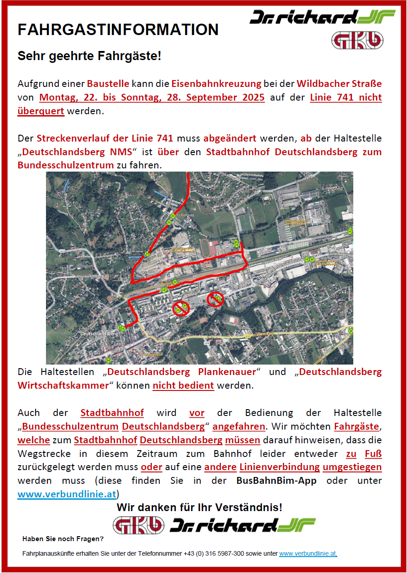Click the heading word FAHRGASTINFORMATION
[x=118, y=30]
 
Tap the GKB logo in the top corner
[x=357, y=40]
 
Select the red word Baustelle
[x=108, y=84]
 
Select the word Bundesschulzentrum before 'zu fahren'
[x=66, y=165]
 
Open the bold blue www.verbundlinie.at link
[x=67, y=494]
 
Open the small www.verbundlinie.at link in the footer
[x=308, y=553]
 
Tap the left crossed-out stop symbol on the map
[x=180, y=309]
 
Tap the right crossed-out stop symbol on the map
[x=215, y=299]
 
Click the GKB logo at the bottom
[x=139, y=525]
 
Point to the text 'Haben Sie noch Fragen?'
[x=63, y=539]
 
